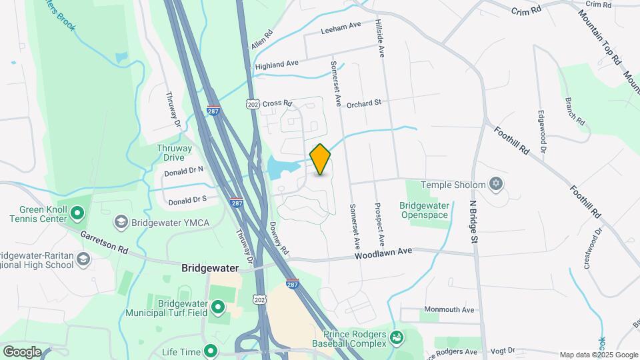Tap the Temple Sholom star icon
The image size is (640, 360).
click(x=495, y=183)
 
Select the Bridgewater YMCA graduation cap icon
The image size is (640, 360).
click(x=121, y=221)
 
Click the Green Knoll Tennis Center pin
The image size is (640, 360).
click(x=77, y=213)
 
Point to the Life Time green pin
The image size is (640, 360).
click(x=211, y=350)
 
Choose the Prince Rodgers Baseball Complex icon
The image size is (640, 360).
click(x=397, y=337)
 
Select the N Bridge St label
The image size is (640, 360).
click(x=474, y=221)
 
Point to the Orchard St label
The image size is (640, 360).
click(x=367, y=103)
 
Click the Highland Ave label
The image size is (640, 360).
click(x=276, y=65)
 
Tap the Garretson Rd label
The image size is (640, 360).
click(x=104, y=243)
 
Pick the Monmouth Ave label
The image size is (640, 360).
click(x=451, y=310)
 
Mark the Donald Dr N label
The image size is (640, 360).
click(x=183, y=171)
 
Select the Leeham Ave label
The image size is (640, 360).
click(x=340, y=27)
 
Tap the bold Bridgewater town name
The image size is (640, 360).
click(x=210, y=269)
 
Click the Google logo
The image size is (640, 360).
click(x=22, y=351)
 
